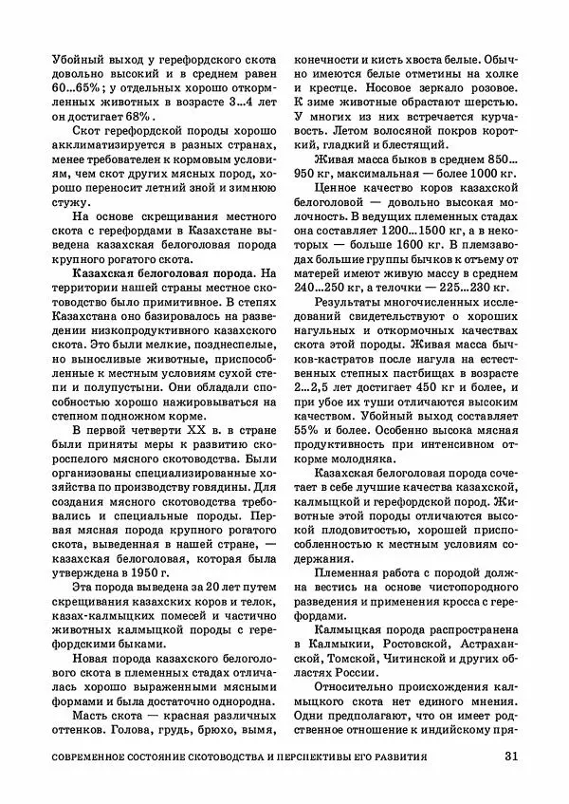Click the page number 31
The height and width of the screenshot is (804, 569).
coord(510,757)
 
